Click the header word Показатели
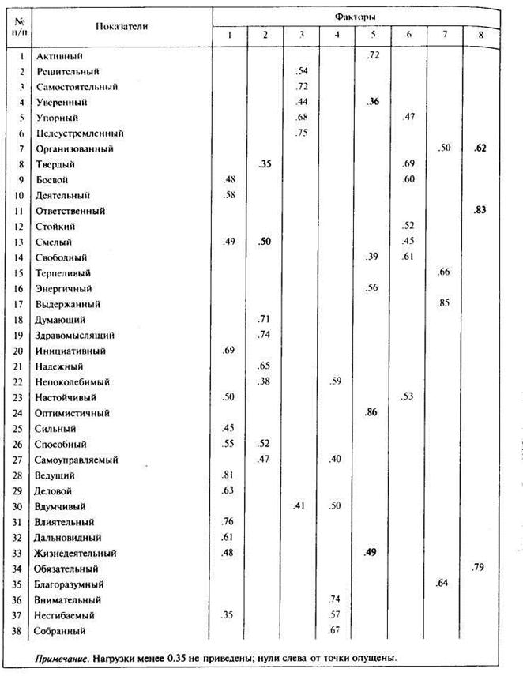point(122,26)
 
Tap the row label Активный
point(59,57)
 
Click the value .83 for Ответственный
point(479,211)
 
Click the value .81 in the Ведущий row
point(229,475)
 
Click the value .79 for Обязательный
point(479,567)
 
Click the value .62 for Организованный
point(479,148)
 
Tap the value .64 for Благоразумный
point(442,584)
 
